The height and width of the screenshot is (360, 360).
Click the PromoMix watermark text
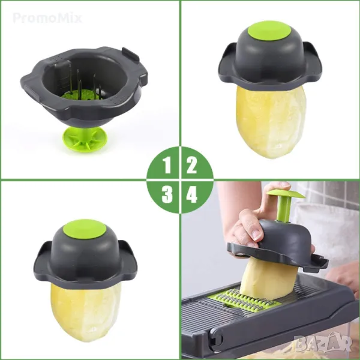coord(47,18)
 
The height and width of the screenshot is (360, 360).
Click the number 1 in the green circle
coord(167,166)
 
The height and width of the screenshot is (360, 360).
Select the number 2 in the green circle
coord(191,166)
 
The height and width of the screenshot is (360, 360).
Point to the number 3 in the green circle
coord(167,194)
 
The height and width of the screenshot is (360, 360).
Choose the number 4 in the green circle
coord(192,194)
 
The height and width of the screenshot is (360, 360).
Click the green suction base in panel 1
coord(85,139)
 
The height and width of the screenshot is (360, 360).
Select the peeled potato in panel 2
coord(271,122)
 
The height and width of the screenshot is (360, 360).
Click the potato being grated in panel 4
coord(266,279)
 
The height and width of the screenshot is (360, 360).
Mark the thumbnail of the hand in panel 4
coord(257,235)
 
